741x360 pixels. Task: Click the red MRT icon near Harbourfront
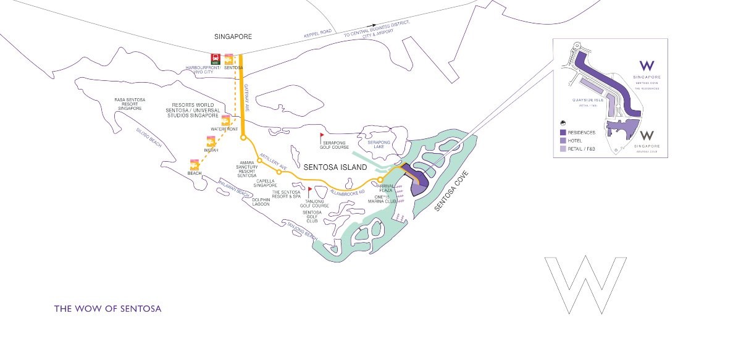216,59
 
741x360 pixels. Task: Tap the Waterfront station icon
225,120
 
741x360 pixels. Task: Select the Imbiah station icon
210,141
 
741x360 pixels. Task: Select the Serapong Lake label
379,144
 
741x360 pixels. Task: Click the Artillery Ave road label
274,162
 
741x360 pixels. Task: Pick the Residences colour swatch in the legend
563,132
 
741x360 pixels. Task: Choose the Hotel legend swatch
563,141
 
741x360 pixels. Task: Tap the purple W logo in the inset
647,66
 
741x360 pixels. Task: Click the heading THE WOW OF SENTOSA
107,308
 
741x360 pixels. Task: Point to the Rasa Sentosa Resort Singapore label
130,104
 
